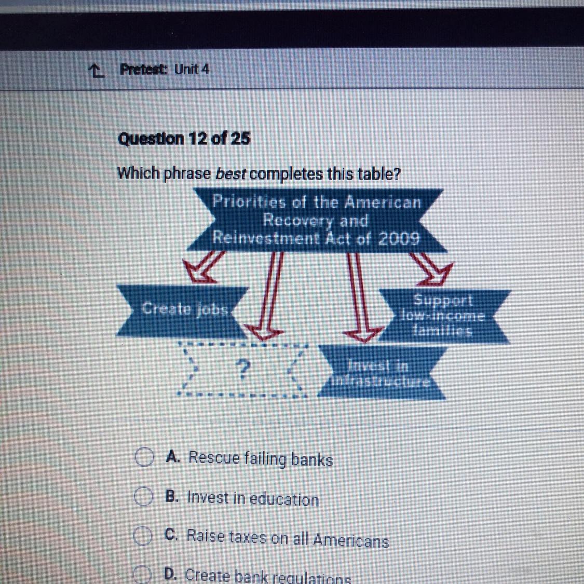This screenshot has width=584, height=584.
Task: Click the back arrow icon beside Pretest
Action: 96,70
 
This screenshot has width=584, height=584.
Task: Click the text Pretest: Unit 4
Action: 164,69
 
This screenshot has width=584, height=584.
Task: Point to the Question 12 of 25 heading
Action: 184,139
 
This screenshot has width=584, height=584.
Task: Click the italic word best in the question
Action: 230,173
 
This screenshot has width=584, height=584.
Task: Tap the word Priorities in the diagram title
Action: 249,202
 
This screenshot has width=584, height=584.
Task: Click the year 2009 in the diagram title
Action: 399,238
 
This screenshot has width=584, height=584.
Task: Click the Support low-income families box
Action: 444,316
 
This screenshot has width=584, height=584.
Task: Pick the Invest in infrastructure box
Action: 382,373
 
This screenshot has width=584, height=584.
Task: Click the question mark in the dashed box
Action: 243,369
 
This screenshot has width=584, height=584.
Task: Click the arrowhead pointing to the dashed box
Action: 263,332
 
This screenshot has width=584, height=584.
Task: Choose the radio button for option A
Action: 144,457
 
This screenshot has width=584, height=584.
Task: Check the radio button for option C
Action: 142,536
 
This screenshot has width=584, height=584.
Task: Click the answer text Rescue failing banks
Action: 261,458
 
